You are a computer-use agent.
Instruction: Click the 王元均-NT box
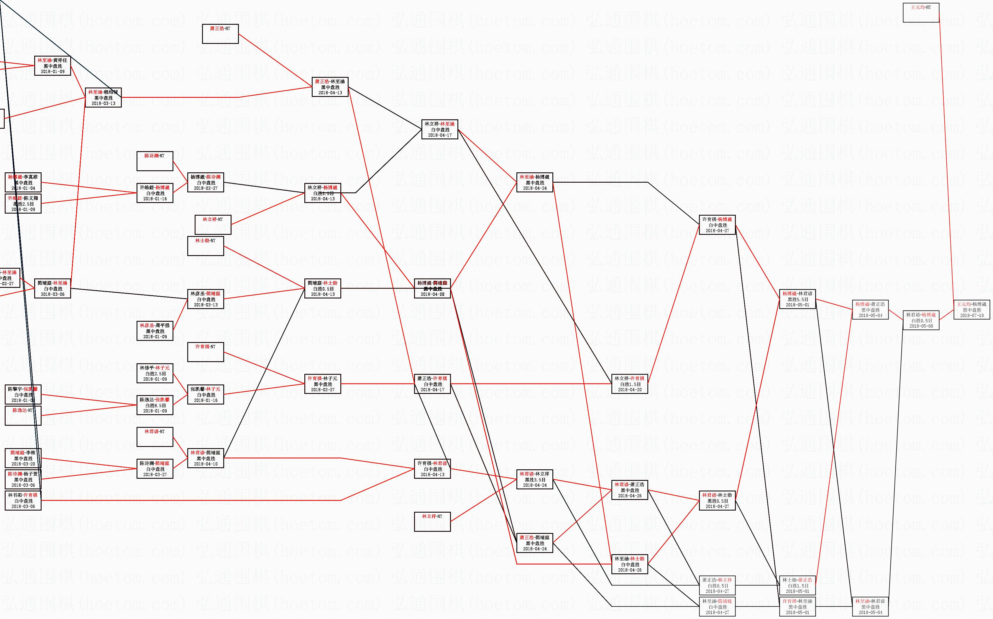click(920, 13)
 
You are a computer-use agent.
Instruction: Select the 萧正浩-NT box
click(220, 34)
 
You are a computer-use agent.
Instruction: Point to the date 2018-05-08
click(920, 326)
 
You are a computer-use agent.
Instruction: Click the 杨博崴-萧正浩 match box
click(870, 310)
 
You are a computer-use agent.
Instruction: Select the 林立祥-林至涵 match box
click(439, 129)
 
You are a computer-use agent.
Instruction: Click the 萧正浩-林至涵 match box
click(330, 87)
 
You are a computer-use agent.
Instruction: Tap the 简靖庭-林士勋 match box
click(323, 289)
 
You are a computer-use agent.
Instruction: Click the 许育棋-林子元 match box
click(323, 384)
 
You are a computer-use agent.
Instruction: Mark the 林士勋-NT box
click(205, 246)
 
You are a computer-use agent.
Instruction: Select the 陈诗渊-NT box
click(155, 161)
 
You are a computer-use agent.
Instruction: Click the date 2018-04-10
click(205, 464)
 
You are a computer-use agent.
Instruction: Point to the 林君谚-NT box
click(155, 437)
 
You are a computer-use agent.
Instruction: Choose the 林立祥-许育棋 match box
click(629, 384)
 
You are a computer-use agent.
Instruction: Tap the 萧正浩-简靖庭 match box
click(534, 543)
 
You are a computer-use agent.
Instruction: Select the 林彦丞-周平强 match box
click(155, 331)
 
